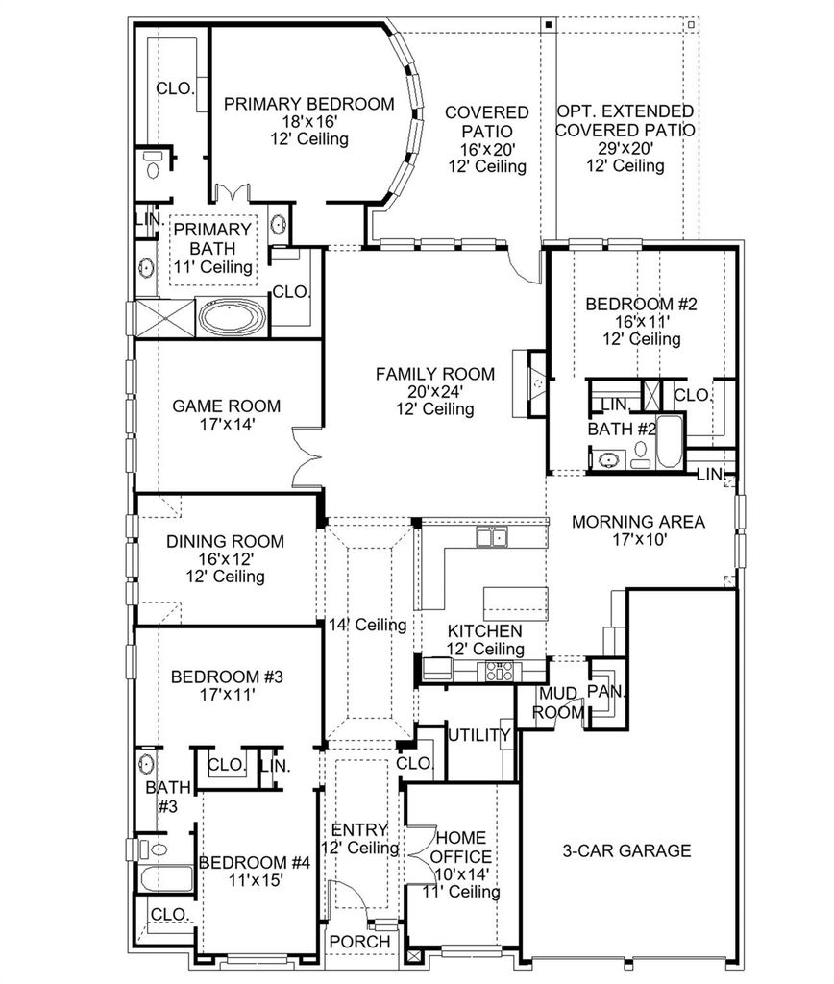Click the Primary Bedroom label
click(x=308, y=104)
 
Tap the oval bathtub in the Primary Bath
click(x=232, y=317)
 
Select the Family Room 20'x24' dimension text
click(x=435, y=392)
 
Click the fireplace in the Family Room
click(x=529, y=383)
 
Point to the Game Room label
click(x=227, y=406)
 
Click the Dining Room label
click(x=225, y=541)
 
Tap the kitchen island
click(x=516, y=603)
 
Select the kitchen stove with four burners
click(x=499, y=672)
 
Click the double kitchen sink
click(x=492, y=537)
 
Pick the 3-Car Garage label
click(x=626, y=850)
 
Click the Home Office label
click(x=461, y=848)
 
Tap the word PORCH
click(x=359, y=942)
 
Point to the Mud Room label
click(x=558, y=702)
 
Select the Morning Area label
click(x=638, y=522)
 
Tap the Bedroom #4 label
click(x=255, y=862)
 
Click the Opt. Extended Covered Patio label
click(x=625, y=120)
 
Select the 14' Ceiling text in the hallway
click(x=368, y=625)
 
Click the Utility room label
click(x=479, y=735)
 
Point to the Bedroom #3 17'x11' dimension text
click(x=227, y=694)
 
